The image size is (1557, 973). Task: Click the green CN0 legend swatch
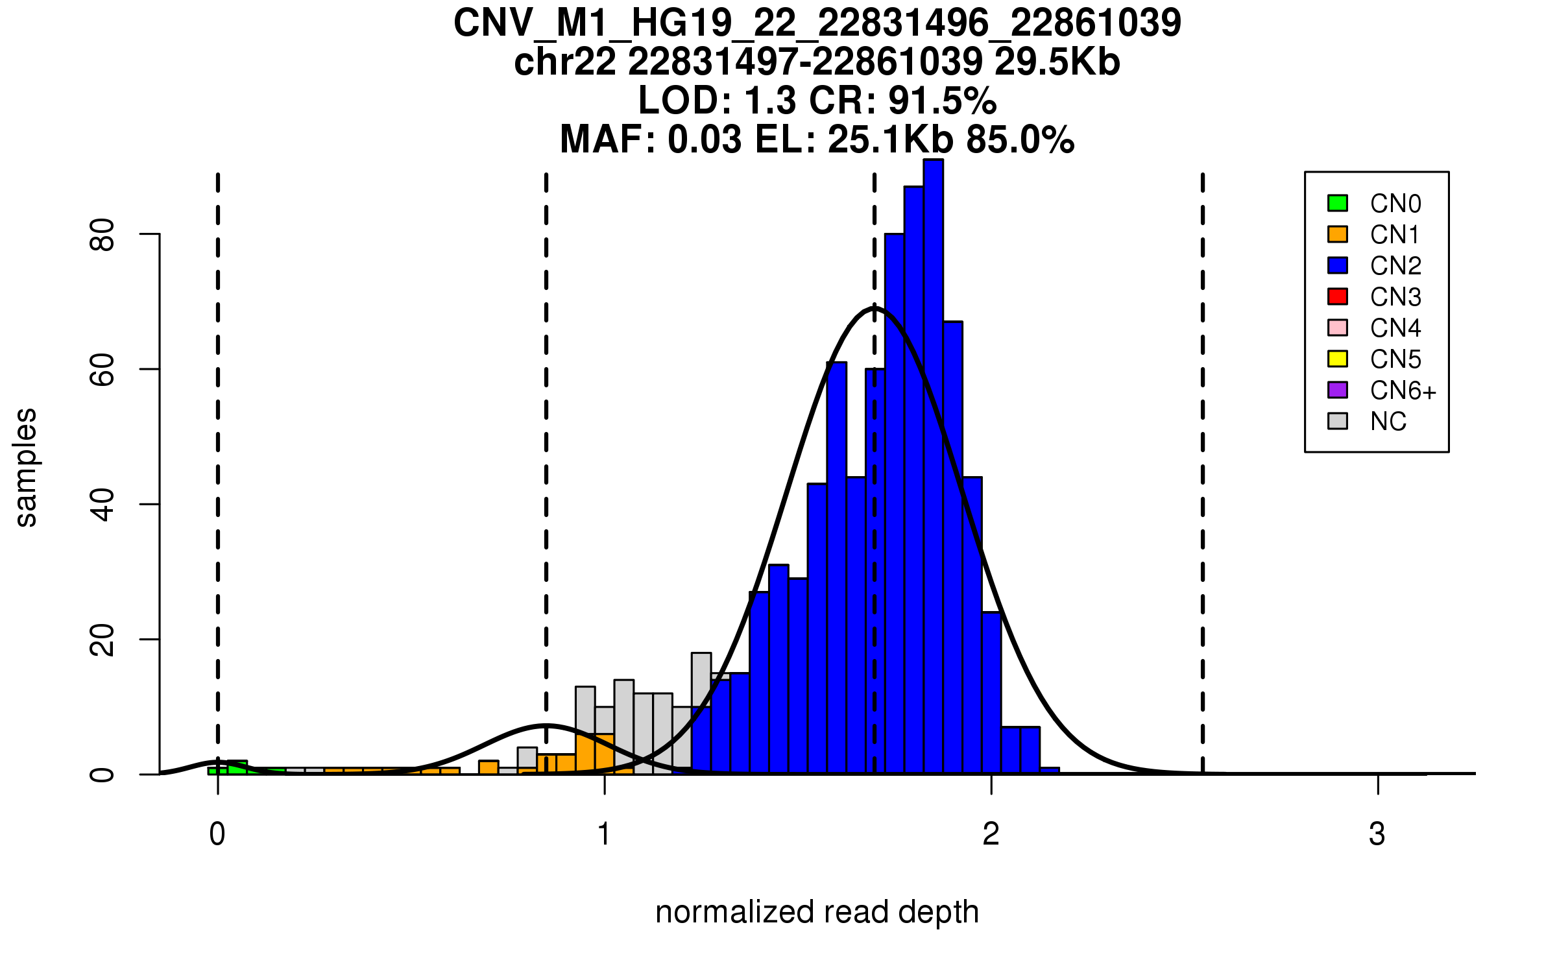(x=1338, y=203)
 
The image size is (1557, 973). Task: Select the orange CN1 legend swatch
(x=1338, y=234)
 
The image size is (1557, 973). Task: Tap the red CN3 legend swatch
(x=1338, y=296)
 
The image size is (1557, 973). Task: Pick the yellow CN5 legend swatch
(x=1338, y=359)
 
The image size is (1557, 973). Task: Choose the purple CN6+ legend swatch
(x=1338, y=390)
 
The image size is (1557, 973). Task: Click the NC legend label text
(x=1388, y=422)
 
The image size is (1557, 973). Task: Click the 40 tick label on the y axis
(x=102, y=505)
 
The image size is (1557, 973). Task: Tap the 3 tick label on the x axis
(x=1377, y=834)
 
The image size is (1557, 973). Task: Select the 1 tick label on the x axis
(x=605, y=834)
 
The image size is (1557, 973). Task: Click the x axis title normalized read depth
(x=817, y=912)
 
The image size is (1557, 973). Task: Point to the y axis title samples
(x=26, y=468)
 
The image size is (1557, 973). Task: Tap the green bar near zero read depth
(x=237, y=767)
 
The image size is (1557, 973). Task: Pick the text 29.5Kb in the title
(x=1057, y=62)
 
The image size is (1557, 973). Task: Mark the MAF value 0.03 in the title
(x=704, y=139)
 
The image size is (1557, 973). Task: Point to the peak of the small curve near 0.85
(x=546, y=725)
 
